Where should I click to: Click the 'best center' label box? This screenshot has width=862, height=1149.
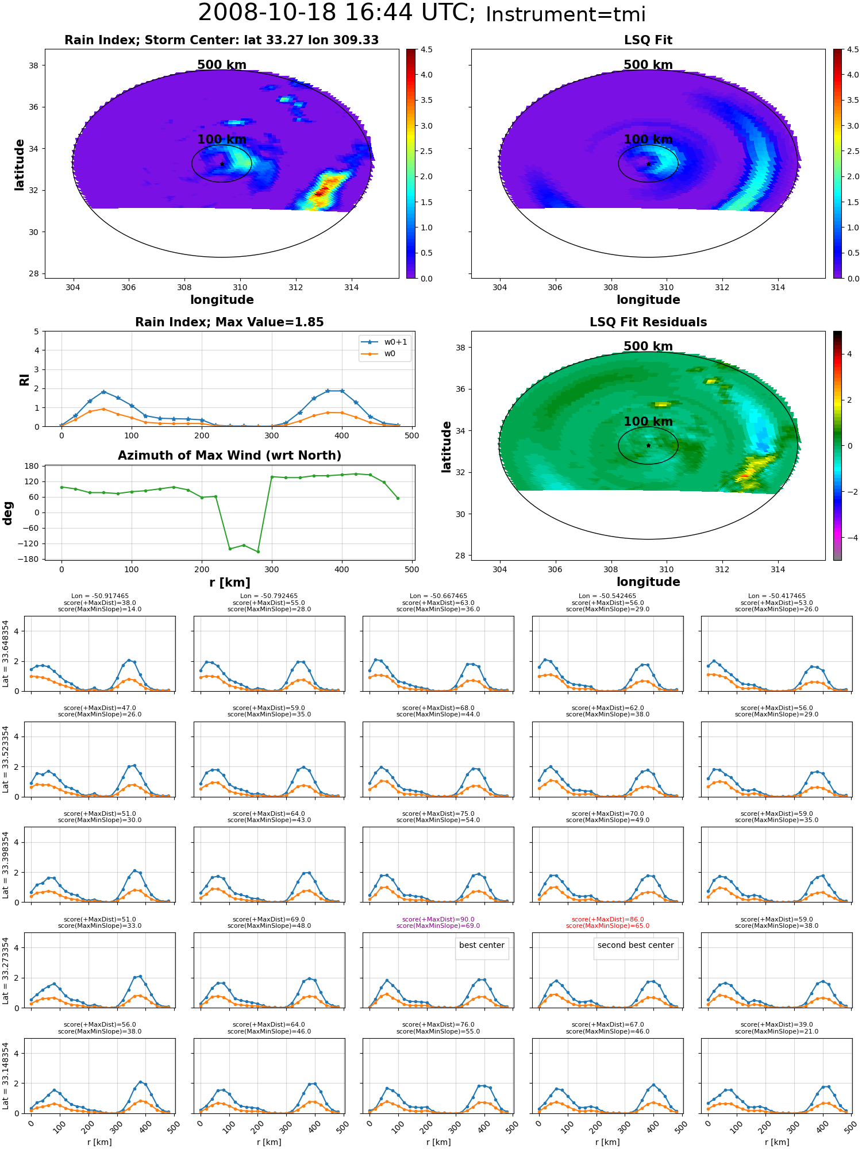click(x=482, y=945)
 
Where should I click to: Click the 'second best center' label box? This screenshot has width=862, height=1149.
click(x=636, y=945)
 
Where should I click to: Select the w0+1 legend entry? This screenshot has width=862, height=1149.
click(x=384, y=342)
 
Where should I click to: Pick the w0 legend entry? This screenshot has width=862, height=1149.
click(x=379, y=353)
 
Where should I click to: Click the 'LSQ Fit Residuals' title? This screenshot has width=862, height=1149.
click(x=648, y=322)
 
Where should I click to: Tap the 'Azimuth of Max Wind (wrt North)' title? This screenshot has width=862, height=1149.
click(x=229, y=456)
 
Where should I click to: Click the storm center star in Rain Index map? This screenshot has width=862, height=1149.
click(x=222, y=164)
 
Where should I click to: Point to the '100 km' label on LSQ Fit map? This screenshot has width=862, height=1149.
click(x=648, y=140)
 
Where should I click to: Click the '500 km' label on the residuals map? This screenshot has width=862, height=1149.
click(x=648, y=346)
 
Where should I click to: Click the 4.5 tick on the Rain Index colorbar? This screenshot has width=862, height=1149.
click(x=426, y=49)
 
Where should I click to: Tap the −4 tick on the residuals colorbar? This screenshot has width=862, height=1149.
click(x=849, y=538)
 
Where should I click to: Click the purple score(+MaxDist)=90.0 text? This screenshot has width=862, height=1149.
click(x=438, y=919)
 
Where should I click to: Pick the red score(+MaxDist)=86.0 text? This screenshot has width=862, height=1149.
click(x=608, y=919)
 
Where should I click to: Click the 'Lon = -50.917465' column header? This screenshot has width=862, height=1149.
click(x=100, y=596)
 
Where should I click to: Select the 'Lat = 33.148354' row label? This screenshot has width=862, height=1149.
click(x=6, y=1076)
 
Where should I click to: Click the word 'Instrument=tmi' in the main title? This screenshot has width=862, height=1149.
click(x=565, y=15)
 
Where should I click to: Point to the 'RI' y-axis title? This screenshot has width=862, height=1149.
click(x=24, y=380)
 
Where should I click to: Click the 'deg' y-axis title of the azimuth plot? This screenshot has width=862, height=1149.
click(x=8, y=513)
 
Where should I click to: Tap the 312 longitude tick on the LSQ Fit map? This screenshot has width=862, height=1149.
click(x=722, y=287)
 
